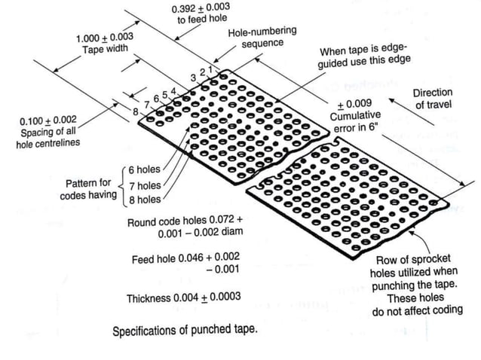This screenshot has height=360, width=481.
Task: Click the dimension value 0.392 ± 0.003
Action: (x=201, y=8)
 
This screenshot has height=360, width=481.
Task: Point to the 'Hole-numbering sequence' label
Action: (x=262, y=37)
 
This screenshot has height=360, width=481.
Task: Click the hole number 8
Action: (x=136, y=111)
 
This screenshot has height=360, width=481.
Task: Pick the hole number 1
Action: (x=210, y=69)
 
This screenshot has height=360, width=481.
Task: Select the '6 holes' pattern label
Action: (x=145, y=169)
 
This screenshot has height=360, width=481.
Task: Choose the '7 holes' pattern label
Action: (x=145, y=185)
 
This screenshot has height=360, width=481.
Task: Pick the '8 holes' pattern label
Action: (x=145, y=200)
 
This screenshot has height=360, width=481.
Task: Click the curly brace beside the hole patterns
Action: (x=123, y=185)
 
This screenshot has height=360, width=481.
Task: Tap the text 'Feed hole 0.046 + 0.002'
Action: (x=185, y=258)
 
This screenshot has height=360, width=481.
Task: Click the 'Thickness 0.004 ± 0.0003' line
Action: (x=184, y=297)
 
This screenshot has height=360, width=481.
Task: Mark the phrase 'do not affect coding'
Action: (x=418, y=310)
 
